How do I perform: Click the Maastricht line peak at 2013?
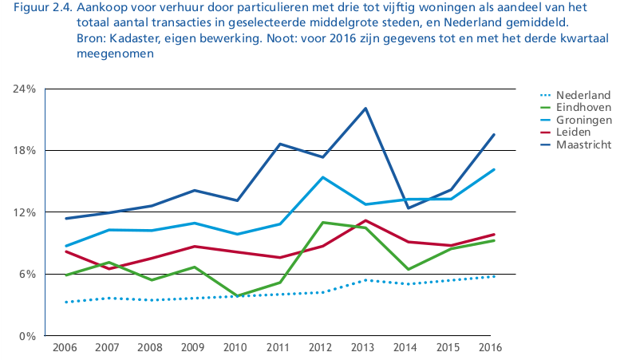pyautogui.click(x=365, y=108)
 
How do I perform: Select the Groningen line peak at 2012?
pyautogui.click(x=323, y=177)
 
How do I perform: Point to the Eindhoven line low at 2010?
pyautogui.click(x=237, y=295)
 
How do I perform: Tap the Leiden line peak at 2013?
pyautogui.click(x=365, y=220)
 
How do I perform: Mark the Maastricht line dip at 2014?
pyautogui.click(x=408, y=208)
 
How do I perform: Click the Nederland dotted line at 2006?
pyautogui.click(x=66, y=302)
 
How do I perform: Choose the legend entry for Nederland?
pyautogui.click(x=575, y=95)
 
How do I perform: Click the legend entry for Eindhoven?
pyautogui.click(x=575, y=107)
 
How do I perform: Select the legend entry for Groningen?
pyautogui.click(x=576, y=120)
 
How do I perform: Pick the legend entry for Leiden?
pyautogui.click(x=565, y=132)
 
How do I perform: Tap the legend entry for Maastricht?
pyautogui.click(x=575, y=144)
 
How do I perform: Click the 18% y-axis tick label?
pyautogui.click(x=25, y=151)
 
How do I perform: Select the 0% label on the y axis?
pyautogui.click(x=27, y=336)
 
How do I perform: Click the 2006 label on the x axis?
pyautogui.click(x=65, y=347)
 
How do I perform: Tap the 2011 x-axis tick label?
pyautogui.click(x=278, y=347)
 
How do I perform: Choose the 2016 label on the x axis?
pyautogui.click(x=490, y=347)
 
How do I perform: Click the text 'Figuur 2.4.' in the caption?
pyautogui.click(x=43, y=8)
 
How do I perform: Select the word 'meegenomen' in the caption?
pyautogui.click(x=116, y=53)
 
